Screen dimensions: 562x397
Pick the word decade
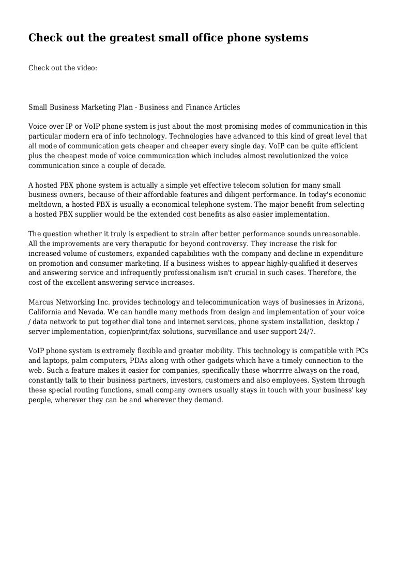tap(152, 166)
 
